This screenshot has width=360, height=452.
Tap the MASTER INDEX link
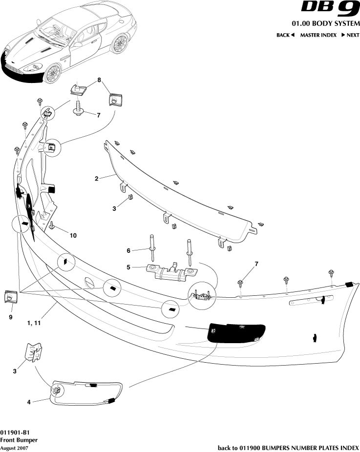point(318,35)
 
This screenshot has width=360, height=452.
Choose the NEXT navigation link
point(350,35)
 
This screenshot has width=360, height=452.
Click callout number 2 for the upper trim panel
point(97,179)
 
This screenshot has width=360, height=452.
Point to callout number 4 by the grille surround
point(29,402)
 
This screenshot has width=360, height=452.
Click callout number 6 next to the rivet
point(129,250)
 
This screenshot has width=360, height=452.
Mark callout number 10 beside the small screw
point(73,235)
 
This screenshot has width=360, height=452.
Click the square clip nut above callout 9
point(9,296)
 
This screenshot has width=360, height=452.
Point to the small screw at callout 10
point(51,225)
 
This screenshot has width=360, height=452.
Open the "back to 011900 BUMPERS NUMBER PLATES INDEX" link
point(288,448)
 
